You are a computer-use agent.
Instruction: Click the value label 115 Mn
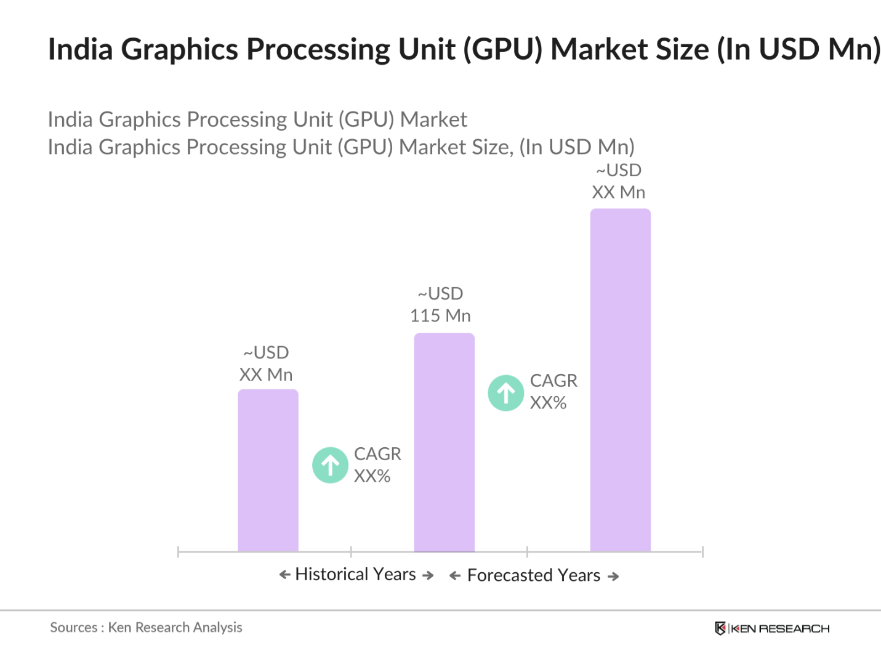point(440,315)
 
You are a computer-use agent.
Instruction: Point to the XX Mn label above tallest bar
point(618,192)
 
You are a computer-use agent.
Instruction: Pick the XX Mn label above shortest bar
point(266,375)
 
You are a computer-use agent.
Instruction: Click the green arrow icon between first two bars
point(331,465)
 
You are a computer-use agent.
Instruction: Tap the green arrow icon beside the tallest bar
point(506,393)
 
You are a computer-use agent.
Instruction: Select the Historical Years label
point(356,574)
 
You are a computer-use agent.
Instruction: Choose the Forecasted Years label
point(534,575)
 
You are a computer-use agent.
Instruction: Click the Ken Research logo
point(772,628)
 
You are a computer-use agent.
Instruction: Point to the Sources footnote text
point(146,627)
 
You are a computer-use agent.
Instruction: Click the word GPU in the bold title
point(502,49)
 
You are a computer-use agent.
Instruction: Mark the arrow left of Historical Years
point(285,575)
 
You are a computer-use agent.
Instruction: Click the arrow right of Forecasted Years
point(613,577)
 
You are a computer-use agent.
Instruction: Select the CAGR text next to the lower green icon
point(377,454)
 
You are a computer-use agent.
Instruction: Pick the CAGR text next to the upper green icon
point(553,381)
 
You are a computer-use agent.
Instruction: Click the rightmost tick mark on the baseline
point(702,551)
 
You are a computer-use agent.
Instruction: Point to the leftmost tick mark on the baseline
point(178,551)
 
